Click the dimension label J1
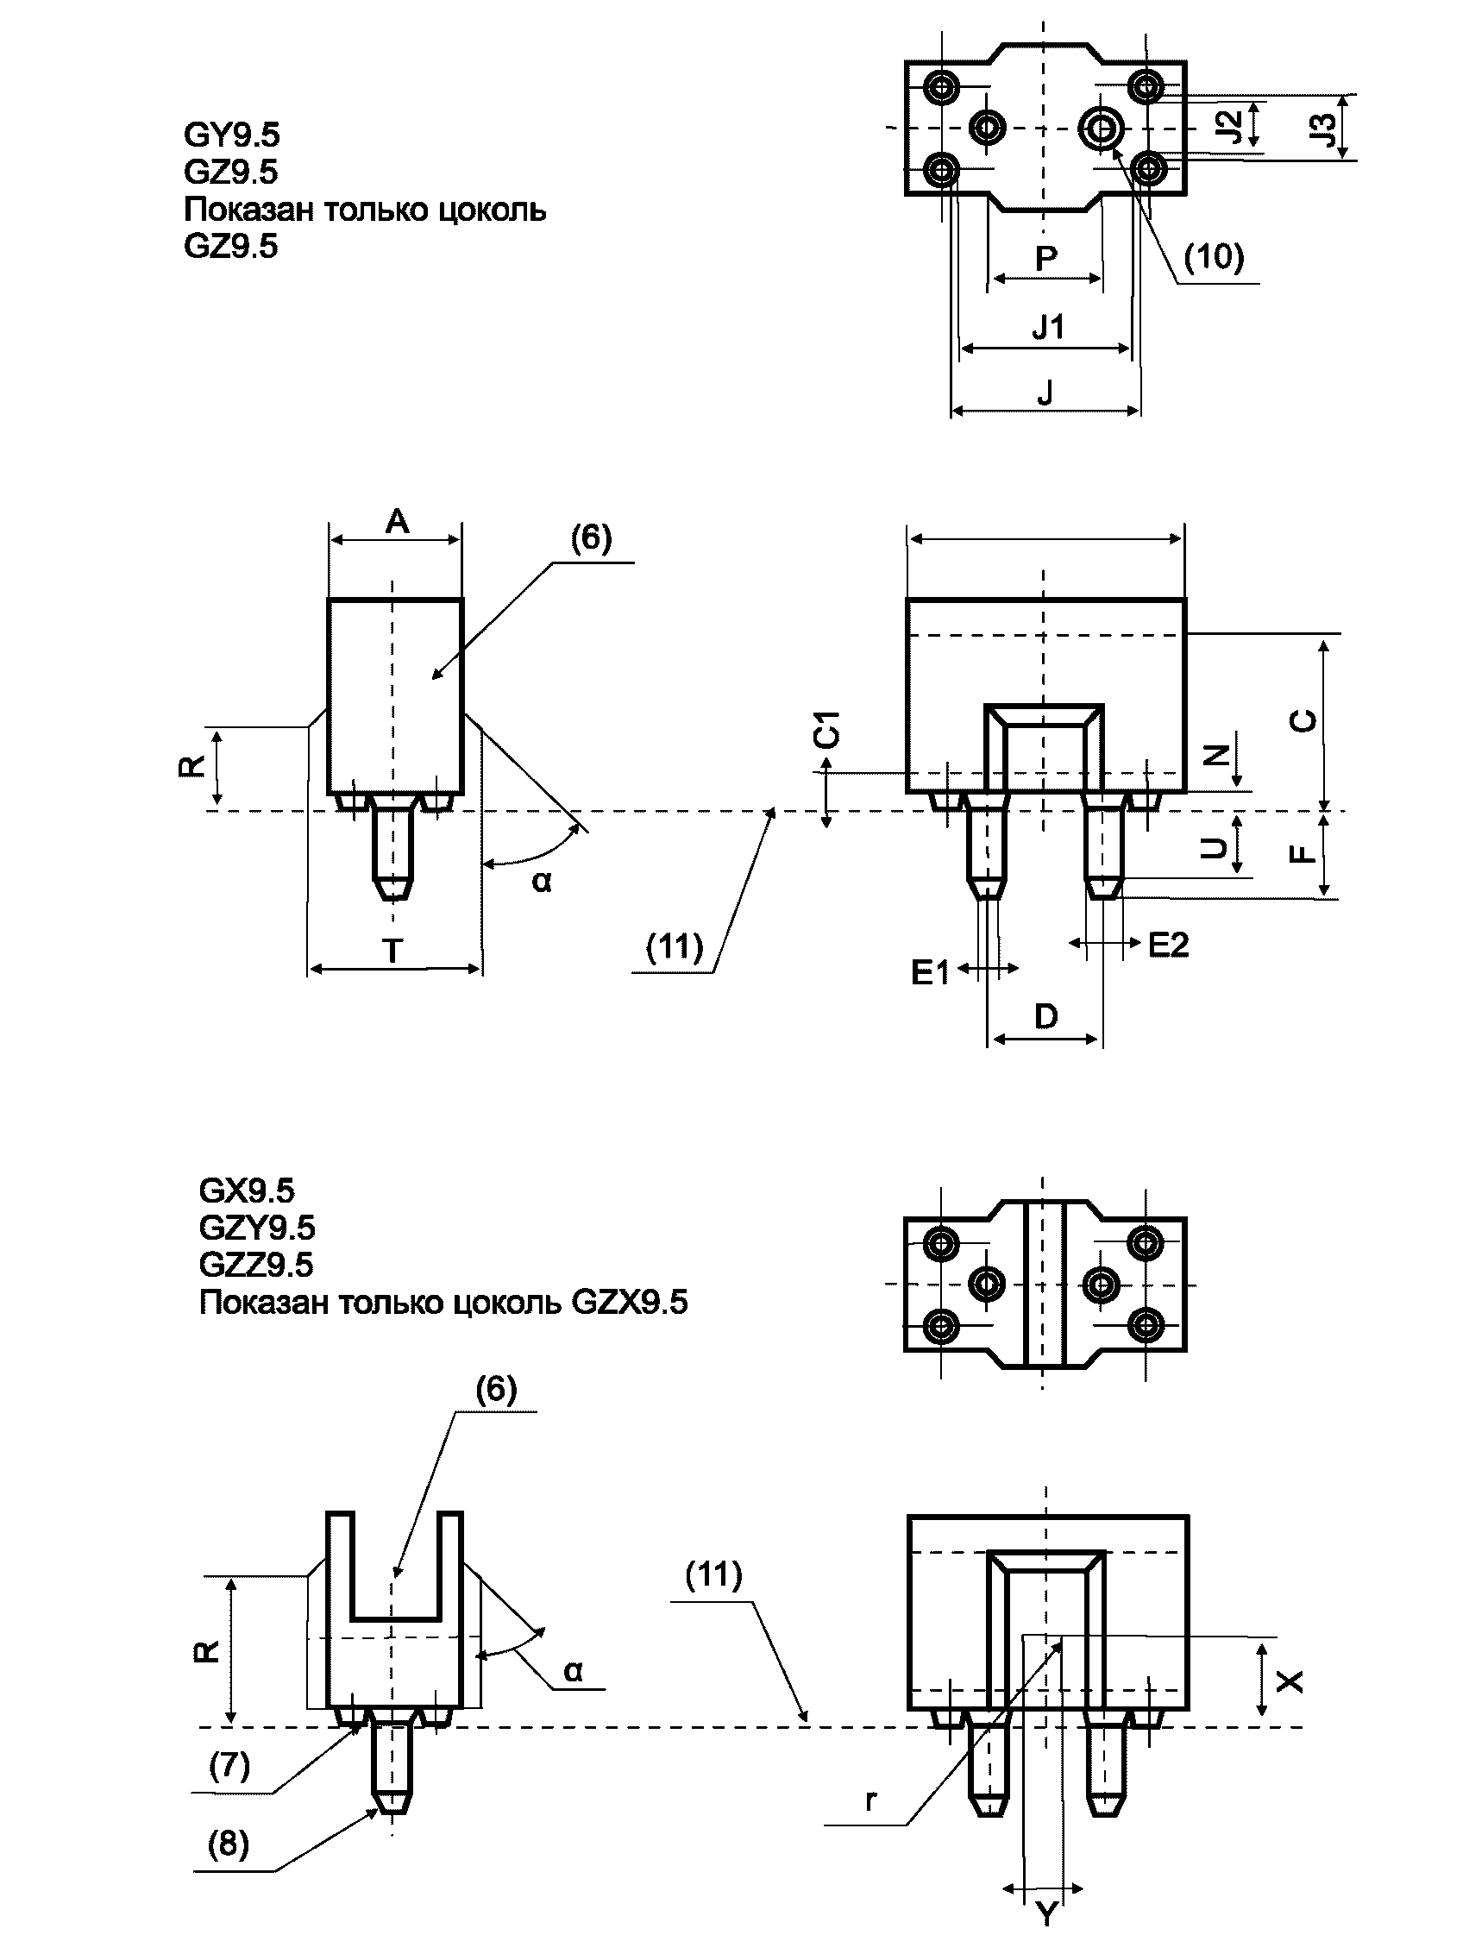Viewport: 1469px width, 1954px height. (x=1048, y=328)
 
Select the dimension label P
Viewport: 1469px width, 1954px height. (x=1045, y=259)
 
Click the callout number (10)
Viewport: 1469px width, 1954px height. (x=1214, y=256)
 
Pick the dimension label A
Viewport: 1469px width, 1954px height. (x=398, y=521)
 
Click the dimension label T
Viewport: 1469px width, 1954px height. (x=392, y=952)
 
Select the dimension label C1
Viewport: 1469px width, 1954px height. (x=828, y=729)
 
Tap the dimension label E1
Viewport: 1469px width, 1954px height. (x=930, y=972)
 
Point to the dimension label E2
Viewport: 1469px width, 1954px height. (x=1168, y=946)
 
